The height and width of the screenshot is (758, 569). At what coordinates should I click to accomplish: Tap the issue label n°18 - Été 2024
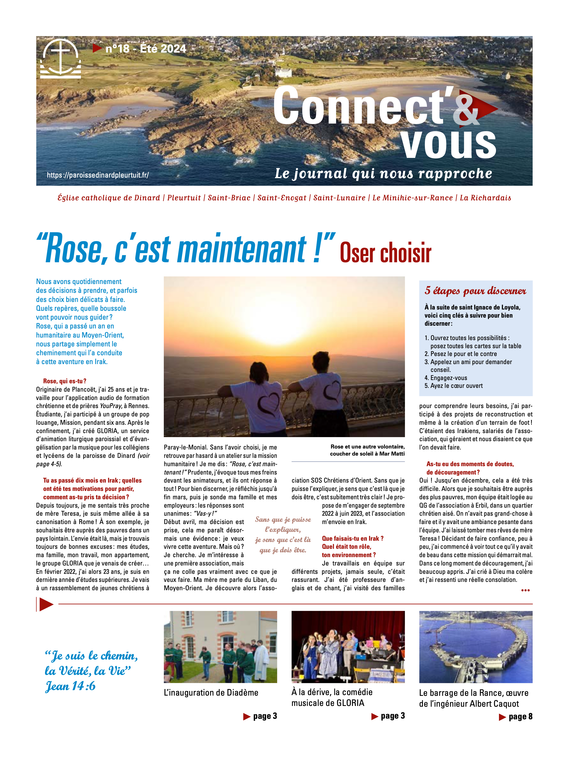tap(145, 49)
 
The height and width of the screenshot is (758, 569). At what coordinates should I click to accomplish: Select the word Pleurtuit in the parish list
tap(184, 198)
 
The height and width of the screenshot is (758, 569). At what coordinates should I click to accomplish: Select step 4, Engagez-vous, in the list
tap(448, 378)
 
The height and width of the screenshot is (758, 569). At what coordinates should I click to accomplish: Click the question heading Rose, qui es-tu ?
tap(64, 381)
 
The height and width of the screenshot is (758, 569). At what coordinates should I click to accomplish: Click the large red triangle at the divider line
tap(46, 604)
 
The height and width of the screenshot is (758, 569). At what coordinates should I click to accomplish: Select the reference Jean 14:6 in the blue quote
tap(70, 686)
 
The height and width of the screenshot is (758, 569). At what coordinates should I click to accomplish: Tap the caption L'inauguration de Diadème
tap(211, 693)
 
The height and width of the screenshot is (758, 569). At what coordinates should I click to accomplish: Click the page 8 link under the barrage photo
tap(516, 716)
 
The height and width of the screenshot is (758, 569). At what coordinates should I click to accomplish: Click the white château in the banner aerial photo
tap(283, 72)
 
